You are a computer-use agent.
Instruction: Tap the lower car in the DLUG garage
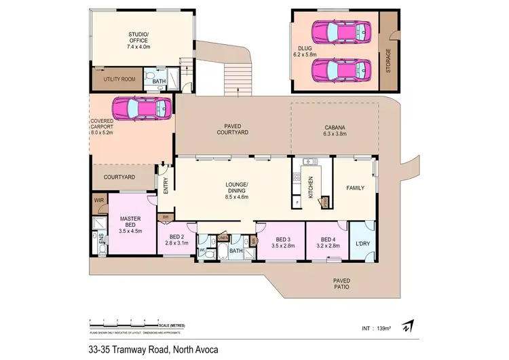(341, 69)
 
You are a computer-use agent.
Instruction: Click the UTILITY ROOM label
(119, 79)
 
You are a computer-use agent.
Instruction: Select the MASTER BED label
(130, 223)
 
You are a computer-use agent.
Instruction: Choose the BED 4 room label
(328, 239)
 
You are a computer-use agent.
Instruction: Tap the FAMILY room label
(356, 187)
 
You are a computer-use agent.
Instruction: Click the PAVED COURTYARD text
(233, 130)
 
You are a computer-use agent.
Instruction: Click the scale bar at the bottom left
(124, 323)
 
